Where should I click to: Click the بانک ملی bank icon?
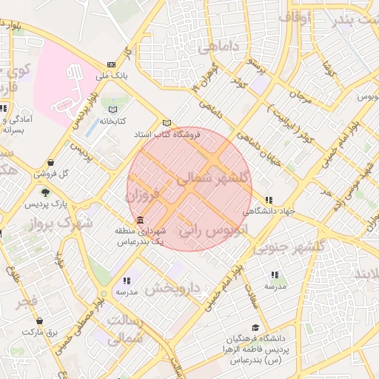[x=112, y=64]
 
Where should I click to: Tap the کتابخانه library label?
[x=113, y=120]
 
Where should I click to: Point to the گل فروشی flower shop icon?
[x=50, y=163]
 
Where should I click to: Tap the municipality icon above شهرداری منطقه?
[x=140, y=221]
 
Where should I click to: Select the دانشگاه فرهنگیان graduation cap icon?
[x=255, y=327]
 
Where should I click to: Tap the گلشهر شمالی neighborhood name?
[x=210, y=178]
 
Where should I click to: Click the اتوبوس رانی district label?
[x=201, y=231]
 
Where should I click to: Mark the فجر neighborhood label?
[x=28, y=301]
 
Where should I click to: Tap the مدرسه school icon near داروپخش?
[x=127, y=281]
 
